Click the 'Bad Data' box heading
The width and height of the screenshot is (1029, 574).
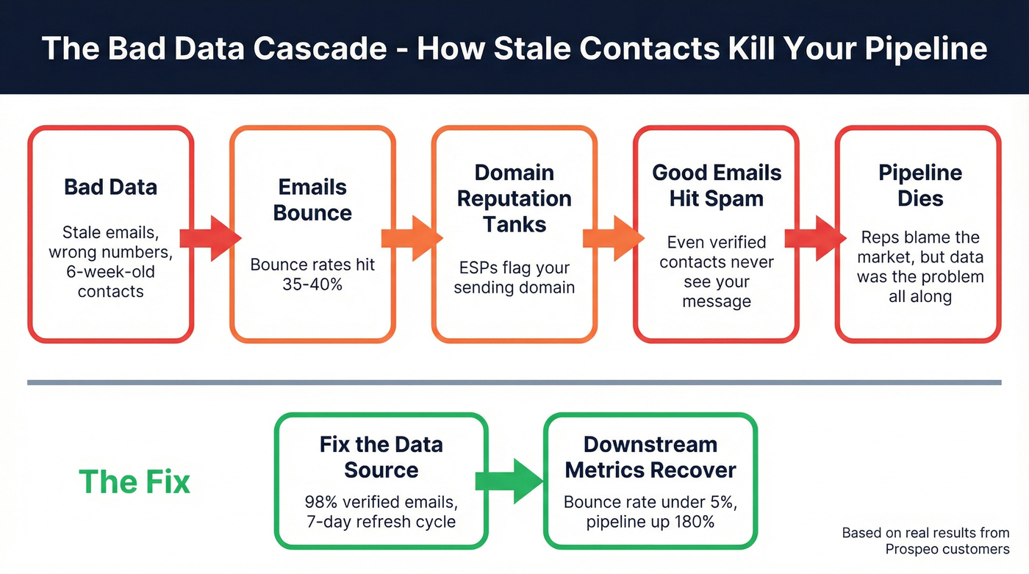(x=110, y=187)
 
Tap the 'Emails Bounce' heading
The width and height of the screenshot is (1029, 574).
(x=312, y=200)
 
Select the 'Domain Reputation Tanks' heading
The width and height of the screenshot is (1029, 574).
(x=514, y=198)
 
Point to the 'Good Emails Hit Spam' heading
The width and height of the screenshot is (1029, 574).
(x=717, y=186)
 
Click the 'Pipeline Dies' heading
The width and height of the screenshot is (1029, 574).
(x=920, y=186)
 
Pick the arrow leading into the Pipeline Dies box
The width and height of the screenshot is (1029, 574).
(x=815, y=237)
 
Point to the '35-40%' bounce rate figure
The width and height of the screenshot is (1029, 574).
(x=312, y=284)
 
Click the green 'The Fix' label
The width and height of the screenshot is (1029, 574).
(x=135, y=482)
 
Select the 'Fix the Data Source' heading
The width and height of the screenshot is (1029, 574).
(x=381, y=457)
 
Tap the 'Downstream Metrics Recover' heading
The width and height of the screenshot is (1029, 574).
(x=650, y=457)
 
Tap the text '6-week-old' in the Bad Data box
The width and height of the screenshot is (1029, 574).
(x=111, y=272)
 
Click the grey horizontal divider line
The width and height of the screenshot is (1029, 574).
(x=514, y=382)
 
